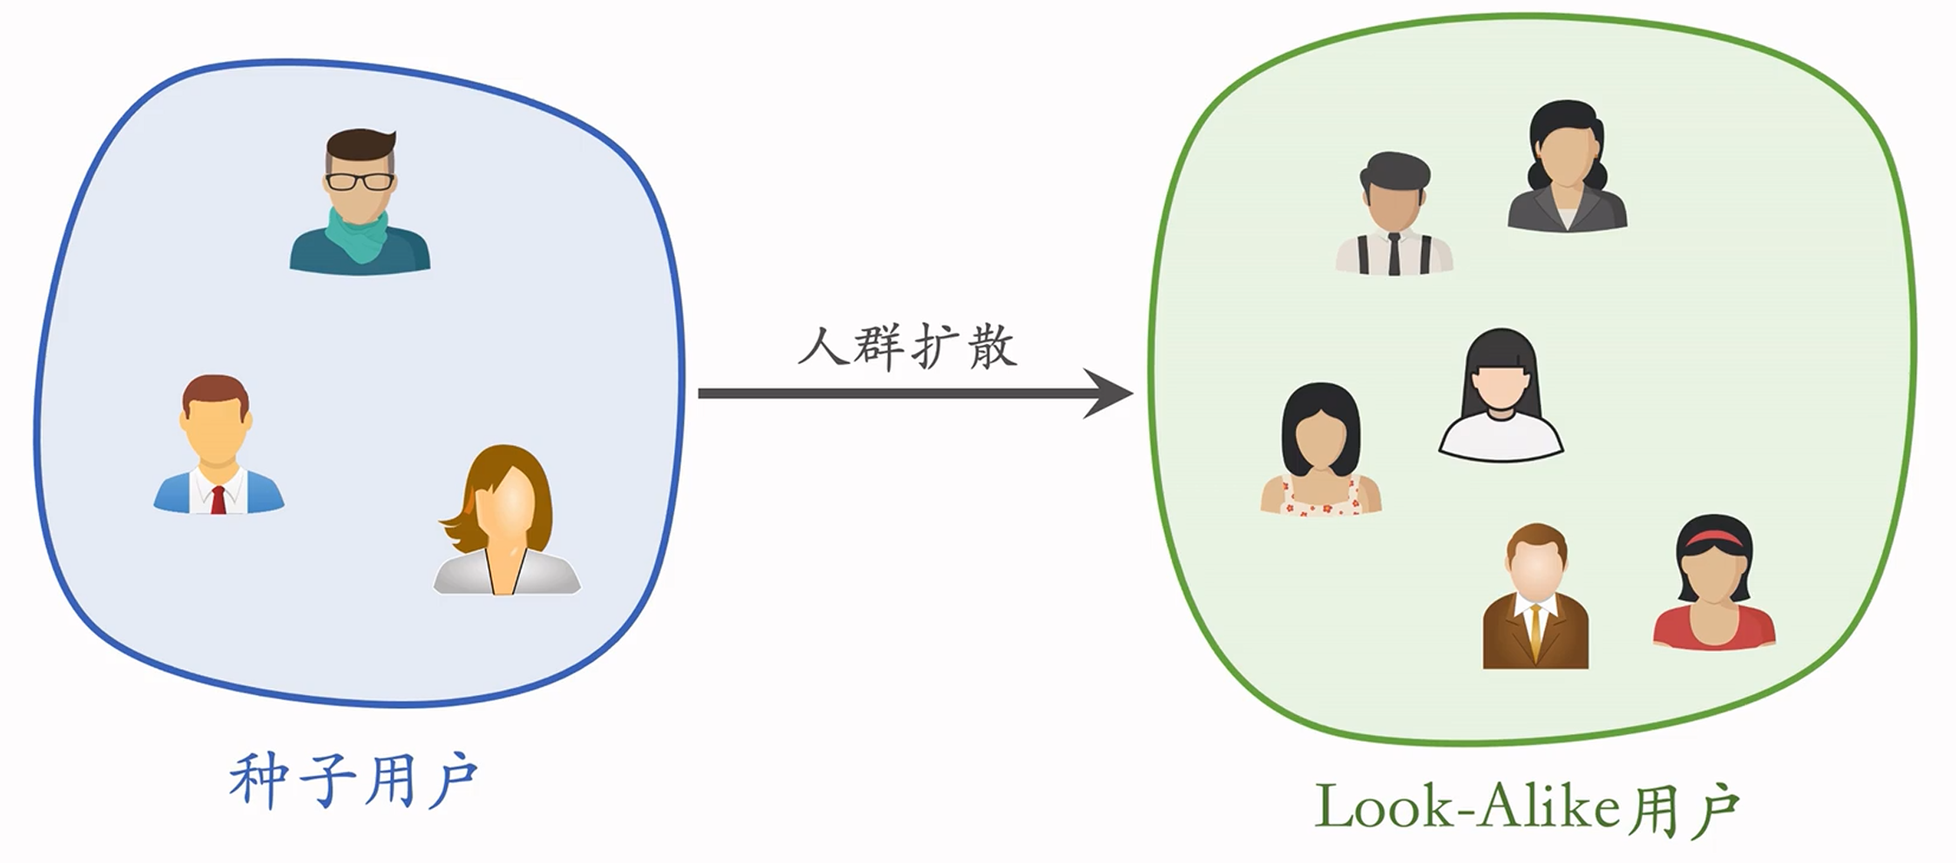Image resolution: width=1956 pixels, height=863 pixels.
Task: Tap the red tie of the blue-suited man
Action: click(218, 499)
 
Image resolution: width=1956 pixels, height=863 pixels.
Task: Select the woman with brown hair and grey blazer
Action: click(506, 522)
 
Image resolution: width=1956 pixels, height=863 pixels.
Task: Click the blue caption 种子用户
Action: click(354, 779)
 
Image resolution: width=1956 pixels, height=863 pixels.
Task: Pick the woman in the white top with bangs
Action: click(1500, 395)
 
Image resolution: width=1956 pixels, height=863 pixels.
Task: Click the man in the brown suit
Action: click(1535, 597)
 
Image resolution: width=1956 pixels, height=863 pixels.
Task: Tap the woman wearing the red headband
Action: click(1714, 583)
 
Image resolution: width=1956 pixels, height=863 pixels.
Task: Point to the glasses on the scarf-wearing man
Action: click(360, 182)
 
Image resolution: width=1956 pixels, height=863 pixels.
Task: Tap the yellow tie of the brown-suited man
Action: click(1535, 631)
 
